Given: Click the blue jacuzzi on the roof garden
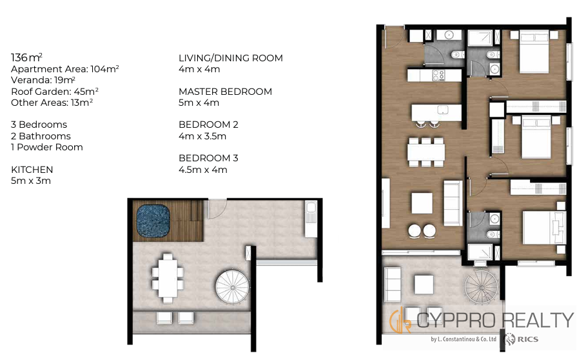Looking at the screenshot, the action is pyautogui.click(x=153, y=221).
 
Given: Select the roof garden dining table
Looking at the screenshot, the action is pyautogui.click(x=168, y=278).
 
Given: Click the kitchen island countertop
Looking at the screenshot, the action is pyautogui.click(x=436, y=112).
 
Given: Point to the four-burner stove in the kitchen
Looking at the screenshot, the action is pyautogui.click(x=438, y=75).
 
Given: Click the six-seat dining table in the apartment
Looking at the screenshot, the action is pyautogui.click(x=426, y=152).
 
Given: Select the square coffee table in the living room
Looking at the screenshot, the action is pyautogui.click(x=422, y=203).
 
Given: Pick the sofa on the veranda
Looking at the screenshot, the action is pyautogui.click(x=392, y=285).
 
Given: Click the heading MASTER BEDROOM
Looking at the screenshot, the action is pyautogui.click(x=226, y=92).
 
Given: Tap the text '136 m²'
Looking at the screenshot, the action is pyautogui.click(x=26, y=57).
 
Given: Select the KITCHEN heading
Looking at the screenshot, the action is pyautogui.click(x=32, y=169).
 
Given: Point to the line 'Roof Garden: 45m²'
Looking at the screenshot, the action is pyautogui.click(x=55, y=92).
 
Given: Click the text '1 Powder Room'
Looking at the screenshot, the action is pyautogui.click(x=47, y=147).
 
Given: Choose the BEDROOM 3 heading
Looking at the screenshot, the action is pyautogui.click(x=208, y=158).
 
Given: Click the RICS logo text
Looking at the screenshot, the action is pyautogui.click(x=528, y=339).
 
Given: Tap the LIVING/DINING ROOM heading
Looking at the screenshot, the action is pyautogui.click(x=231, y=58).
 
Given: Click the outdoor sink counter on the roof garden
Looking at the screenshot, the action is pyautogui.click(x=311, y=219).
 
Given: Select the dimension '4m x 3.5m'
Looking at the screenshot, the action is pyautogui.click(x=202, y=136).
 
